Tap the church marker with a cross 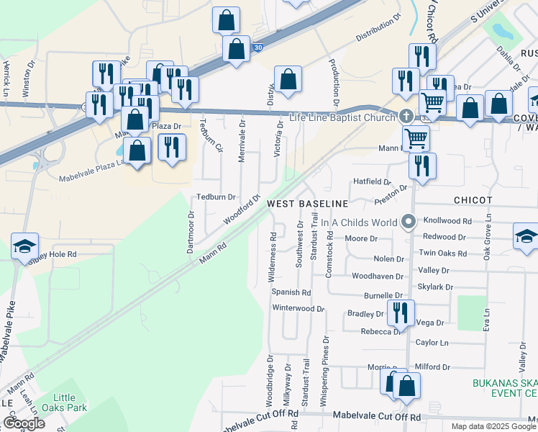(x=406, y=117)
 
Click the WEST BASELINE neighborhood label (x=307, y=204)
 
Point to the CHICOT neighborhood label (x=473, y=199)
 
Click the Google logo (x=23, y=423)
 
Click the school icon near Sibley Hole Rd (x=24, y=245)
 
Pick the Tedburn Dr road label (x=216, y=197)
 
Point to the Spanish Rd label (x=291, y=293)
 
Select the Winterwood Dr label (x=298, y=308)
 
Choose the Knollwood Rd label (x=447, y=222)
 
